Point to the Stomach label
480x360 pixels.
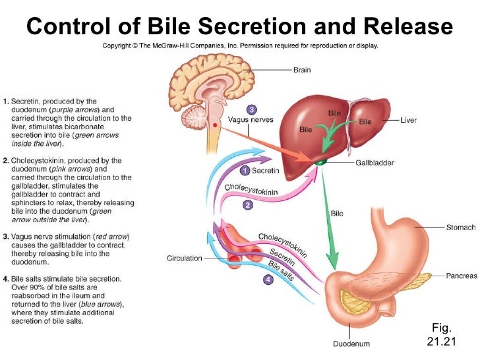pos(459,227)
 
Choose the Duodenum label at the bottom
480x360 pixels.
pos(351,343)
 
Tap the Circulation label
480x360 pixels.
pos(184,258)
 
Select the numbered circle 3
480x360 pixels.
pos(251,109)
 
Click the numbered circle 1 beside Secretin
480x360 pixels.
pos(243,171)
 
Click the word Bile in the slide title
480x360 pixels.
pos(151,27)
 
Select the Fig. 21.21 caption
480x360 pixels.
pos(440,334)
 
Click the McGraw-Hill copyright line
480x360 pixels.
pos(239,47)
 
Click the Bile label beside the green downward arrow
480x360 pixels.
pos(337,214)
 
